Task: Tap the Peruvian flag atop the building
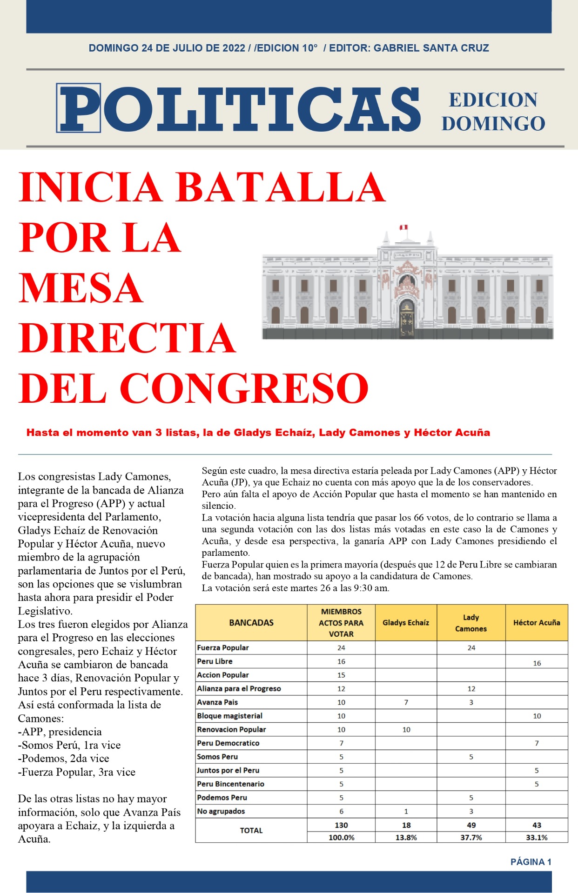(403, 227)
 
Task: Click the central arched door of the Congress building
(407, 319)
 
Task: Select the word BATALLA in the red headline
(281, 187)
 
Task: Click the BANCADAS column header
(251, 623)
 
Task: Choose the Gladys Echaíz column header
(406, 623)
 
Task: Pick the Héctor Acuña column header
(537, 623)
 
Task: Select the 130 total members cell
(341, 825)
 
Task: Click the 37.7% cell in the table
(471, 838)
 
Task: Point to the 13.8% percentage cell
(406, 838)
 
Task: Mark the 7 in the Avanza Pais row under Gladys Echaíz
(406, 702)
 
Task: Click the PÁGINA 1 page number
(531, 862)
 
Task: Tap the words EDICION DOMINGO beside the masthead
(493, 112)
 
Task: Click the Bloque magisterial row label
(229, 716)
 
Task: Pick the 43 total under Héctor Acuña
(537, 825)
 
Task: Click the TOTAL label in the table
(251, 831)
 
